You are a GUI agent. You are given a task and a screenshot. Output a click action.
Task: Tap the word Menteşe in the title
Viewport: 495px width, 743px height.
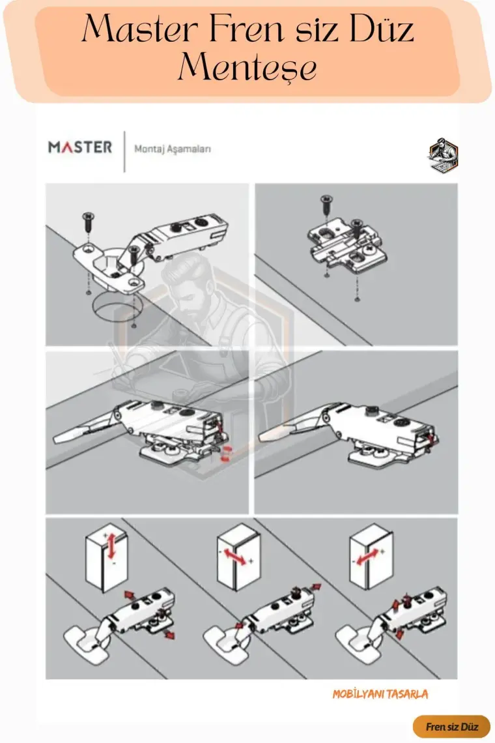click(x=247, y=67)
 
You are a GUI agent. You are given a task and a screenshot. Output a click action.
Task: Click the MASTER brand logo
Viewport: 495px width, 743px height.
click(x=80, y=147)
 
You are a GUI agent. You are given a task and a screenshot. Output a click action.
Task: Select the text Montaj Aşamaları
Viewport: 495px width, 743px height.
click(x=173, y=149)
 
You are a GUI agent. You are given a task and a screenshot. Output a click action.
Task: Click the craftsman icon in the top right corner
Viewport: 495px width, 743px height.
click(x=444, y=154)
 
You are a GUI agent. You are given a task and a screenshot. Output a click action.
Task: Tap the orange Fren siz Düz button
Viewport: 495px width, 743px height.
click(x=451, y=727)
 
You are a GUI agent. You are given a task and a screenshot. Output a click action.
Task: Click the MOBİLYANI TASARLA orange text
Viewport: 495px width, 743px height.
click(x=380, y=694)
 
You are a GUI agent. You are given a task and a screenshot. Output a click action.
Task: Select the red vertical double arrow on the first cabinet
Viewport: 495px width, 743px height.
click(x=111, y=546)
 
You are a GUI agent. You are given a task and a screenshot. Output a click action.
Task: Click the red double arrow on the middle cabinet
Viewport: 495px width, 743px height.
click(x=235, y=557)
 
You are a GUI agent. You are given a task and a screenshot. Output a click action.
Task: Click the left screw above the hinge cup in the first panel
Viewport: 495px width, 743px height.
click(x=89, y=222)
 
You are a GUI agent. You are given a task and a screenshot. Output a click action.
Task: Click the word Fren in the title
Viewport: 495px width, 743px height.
click(x=247, y=29)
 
